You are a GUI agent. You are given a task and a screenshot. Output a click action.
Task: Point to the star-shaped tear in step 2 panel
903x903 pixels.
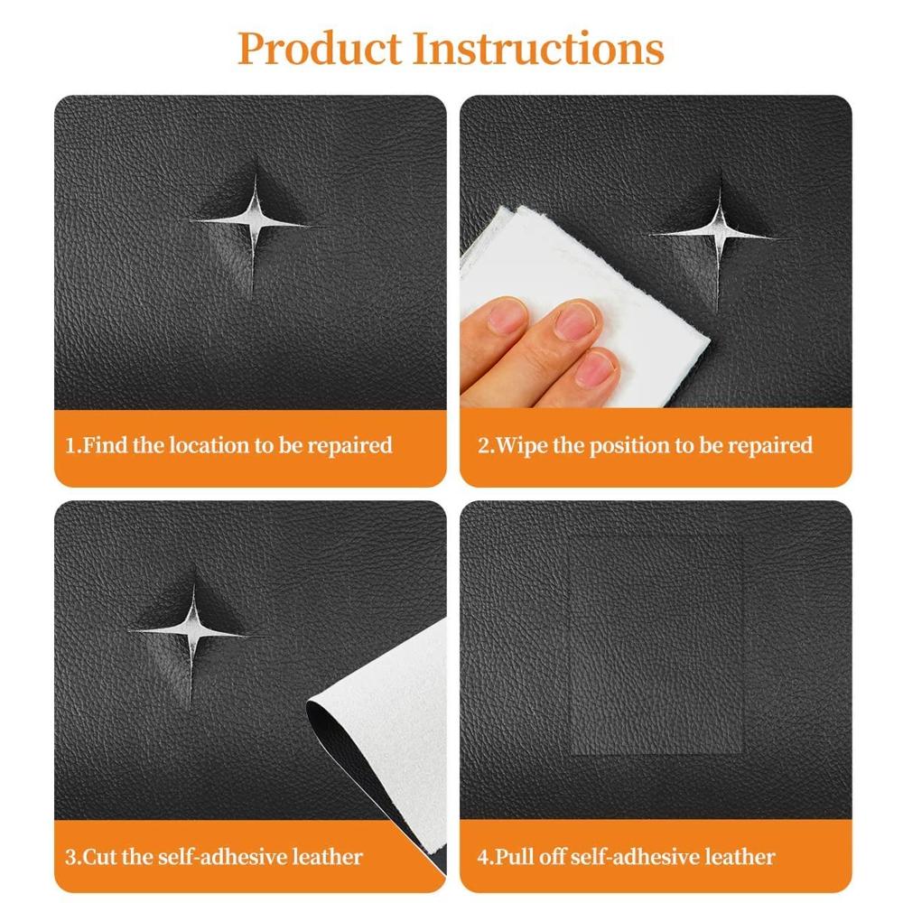718,234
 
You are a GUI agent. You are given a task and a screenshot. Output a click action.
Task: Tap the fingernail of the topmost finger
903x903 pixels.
507,315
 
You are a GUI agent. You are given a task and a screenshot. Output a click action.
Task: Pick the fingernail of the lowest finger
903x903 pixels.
596,368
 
